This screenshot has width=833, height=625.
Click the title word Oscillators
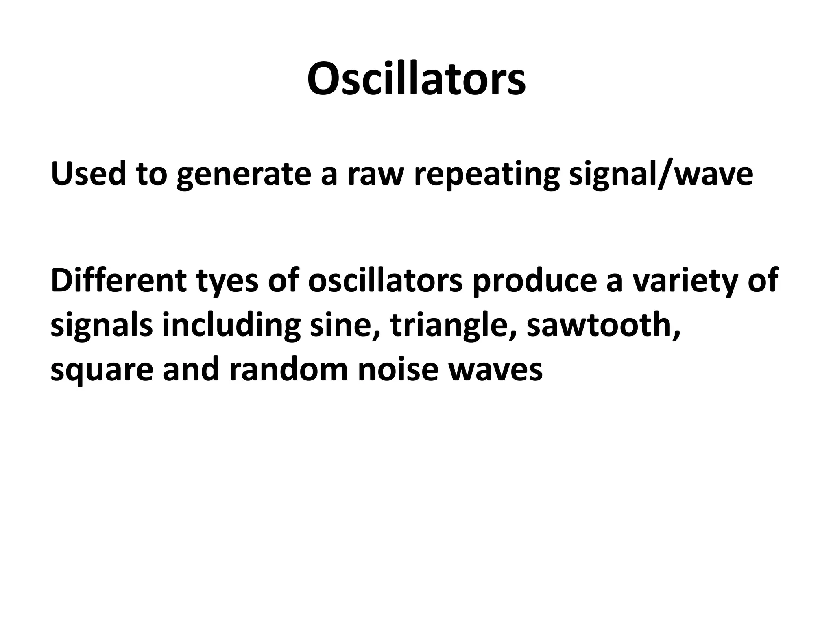tap(416, 79)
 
